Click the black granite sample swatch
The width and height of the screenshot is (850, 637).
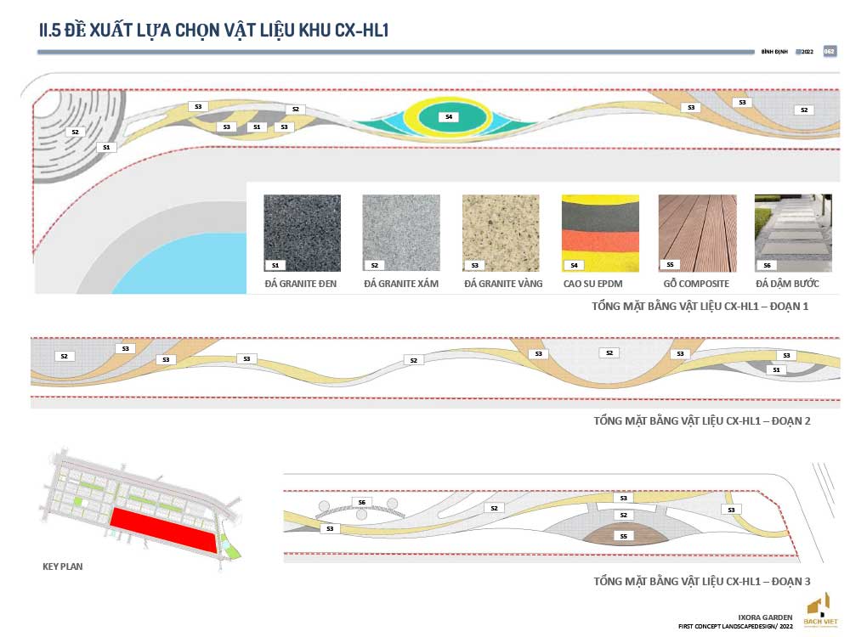pyautogui.click(x=302, y=233)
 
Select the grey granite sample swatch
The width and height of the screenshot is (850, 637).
pyautogui.click(x=401, y=233)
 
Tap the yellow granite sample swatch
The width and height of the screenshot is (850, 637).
pyautogui.click(x=501, y=233)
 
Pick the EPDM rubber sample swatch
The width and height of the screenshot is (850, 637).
pyautogui.click(x=599, y=233)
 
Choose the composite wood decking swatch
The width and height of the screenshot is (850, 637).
pyautogui.click(x=698, y=233)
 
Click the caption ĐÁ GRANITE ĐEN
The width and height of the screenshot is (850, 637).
pyautogui.click(x=302, y=284)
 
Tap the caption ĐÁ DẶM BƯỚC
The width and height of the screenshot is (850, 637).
pyautogui.click(x=788, y=284)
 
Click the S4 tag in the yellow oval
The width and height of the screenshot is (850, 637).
pyautogui.click(x=449, y=116)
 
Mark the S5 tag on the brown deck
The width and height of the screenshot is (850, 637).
pyautogui.click(x=623, y=536)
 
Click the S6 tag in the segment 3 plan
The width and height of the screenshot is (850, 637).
pyautogui.click(x=361, y=503)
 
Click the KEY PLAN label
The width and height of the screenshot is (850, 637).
pyautogui.click(x=63, y=566)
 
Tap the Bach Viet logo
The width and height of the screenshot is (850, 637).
pyautogui.click(x=818, y=612)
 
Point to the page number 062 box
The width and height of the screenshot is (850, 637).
pyautogui.click(x=830, y=52)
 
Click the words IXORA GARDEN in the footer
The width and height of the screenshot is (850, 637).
pyautogui.click(x=768, y=617)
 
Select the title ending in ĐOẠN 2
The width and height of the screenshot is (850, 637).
pyautogui.click(x=701, y=420)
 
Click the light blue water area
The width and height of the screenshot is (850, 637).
pyautogui.click(x=170, y=263)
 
